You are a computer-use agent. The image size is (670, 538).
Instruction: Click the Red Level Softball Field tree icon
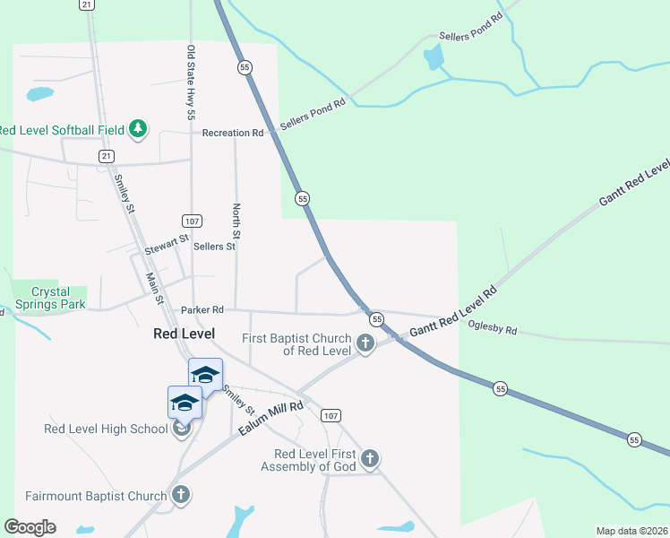point(137,130)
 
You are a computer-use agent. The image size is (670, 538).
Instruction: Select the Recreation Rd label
point(232,133)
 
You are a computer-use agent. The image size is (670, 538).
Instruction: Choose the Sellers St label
point(214,246)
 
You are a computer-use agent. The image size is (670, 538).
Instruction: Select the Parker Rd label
point(202,310)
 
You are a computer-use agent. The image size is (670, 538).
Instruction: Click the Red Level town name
point(184,334)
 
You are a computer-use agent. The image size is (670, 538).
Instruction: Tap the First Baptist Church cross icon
point(365,343)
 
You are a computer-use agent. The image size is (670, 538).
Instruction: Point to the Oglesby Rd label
point(493,330)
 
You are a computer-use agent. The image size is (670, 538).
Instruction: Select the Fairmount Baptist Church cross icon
point(181,495)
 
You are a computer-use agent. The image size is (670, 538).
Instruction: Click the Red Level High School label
point(106,429)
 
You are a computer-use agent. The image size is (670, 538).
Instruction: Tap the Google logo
point(30,527)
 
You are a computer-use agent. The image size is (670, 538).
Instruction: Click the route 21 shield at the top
point(86,4)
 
